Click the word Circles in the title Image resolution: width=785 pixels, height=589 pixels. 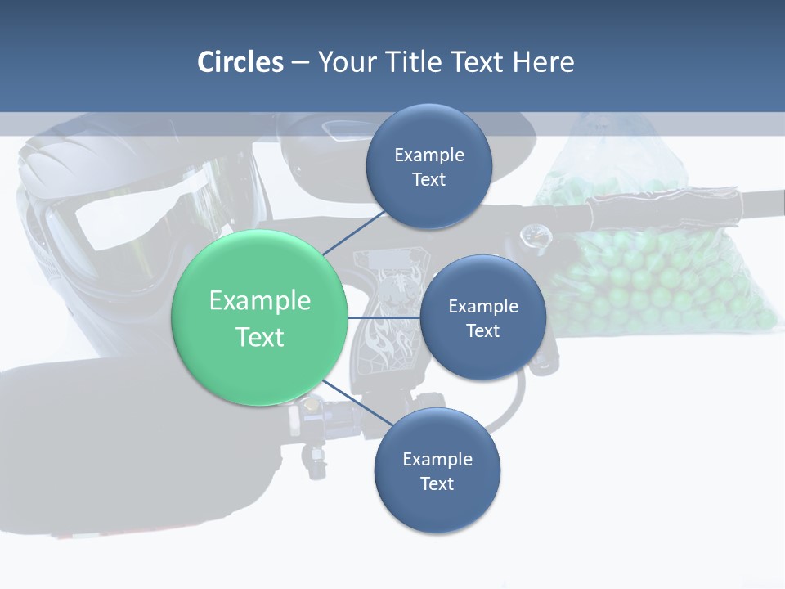tap(240, 62)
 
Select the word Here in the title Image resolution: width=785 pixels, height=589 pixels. tap(543, 62)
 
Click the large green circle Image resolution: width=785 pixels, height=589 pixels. tap(259, 317)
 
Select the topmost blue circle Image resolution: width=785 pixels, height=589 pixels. tap(429, 166)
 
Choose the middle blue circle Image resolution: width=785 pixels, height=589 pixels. tap(482, 317)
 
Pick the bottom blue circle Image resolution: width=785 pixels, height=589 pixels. tap(437, 470)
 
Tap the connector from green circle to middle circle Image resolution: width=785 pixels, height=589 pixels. tap(384, 317)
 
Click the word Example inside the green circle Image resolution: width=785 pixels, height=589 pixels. tap(259, 300)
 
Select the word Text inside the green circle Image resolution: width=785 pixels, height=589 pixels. tap(259, 337)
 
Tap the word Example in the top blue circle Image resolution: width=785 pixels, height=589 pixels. tap(429, 155)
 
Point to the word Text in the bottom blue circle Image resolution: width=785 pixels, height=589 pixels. tap(437, 483)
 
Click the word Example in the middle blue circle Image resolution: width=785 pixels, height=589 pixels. tap(482, 306)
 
